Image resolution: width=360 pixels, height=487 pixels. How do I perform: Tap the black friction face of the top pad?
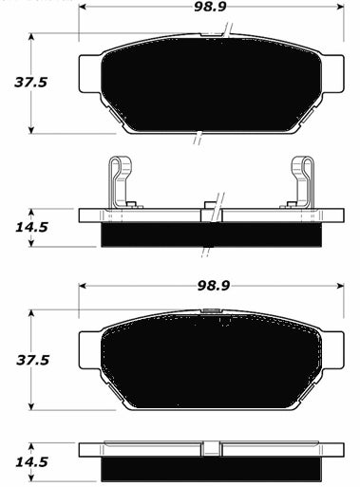click(209, 85)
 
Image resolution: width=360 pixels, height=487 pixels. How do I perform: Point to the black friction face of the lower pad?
click(209, 361)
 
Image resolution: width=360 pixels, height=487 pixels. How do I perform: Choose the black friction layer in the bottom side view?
click(209, 469)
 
